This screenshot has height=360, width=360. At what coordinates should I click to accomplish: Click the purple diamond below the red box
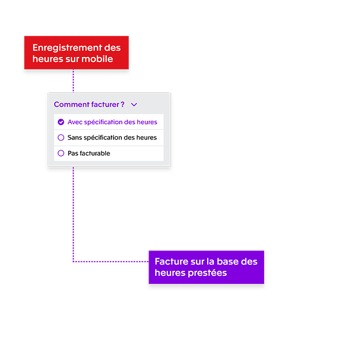tap(73, 84)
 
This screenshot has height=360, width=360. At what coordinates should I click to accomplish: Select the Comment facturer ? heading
tap(89, 104)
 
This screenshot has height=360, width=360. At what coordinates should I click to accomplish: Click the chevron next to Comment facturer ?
tap(134, 104)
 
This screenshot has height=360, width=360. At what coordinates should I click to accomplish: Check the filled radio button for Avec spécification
tap(61, 122)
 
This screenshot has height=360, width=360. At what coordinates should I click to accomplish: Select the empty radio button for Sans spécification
tap(61, 137)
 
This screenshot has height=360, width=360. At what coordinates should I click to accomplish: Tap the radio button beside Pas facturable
tap(61, 153)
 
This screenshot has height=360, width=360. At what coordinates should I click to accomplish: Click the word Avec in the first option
tap(75, 122)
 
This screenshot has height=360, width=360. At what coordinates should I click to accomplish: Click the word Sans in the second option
tap(75, 137)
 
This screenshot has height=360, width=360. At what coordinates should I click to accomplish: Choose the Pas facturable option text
tap(89, 153)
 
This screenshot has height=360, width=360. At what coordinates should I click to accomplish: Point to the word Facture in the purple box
tap(170, 261)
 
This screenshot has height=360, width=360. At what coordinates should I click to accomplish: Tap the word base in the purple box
tap(228, 261)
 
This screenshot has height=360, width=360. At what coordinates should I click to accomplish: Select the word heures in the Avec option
tap(147, 122)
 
